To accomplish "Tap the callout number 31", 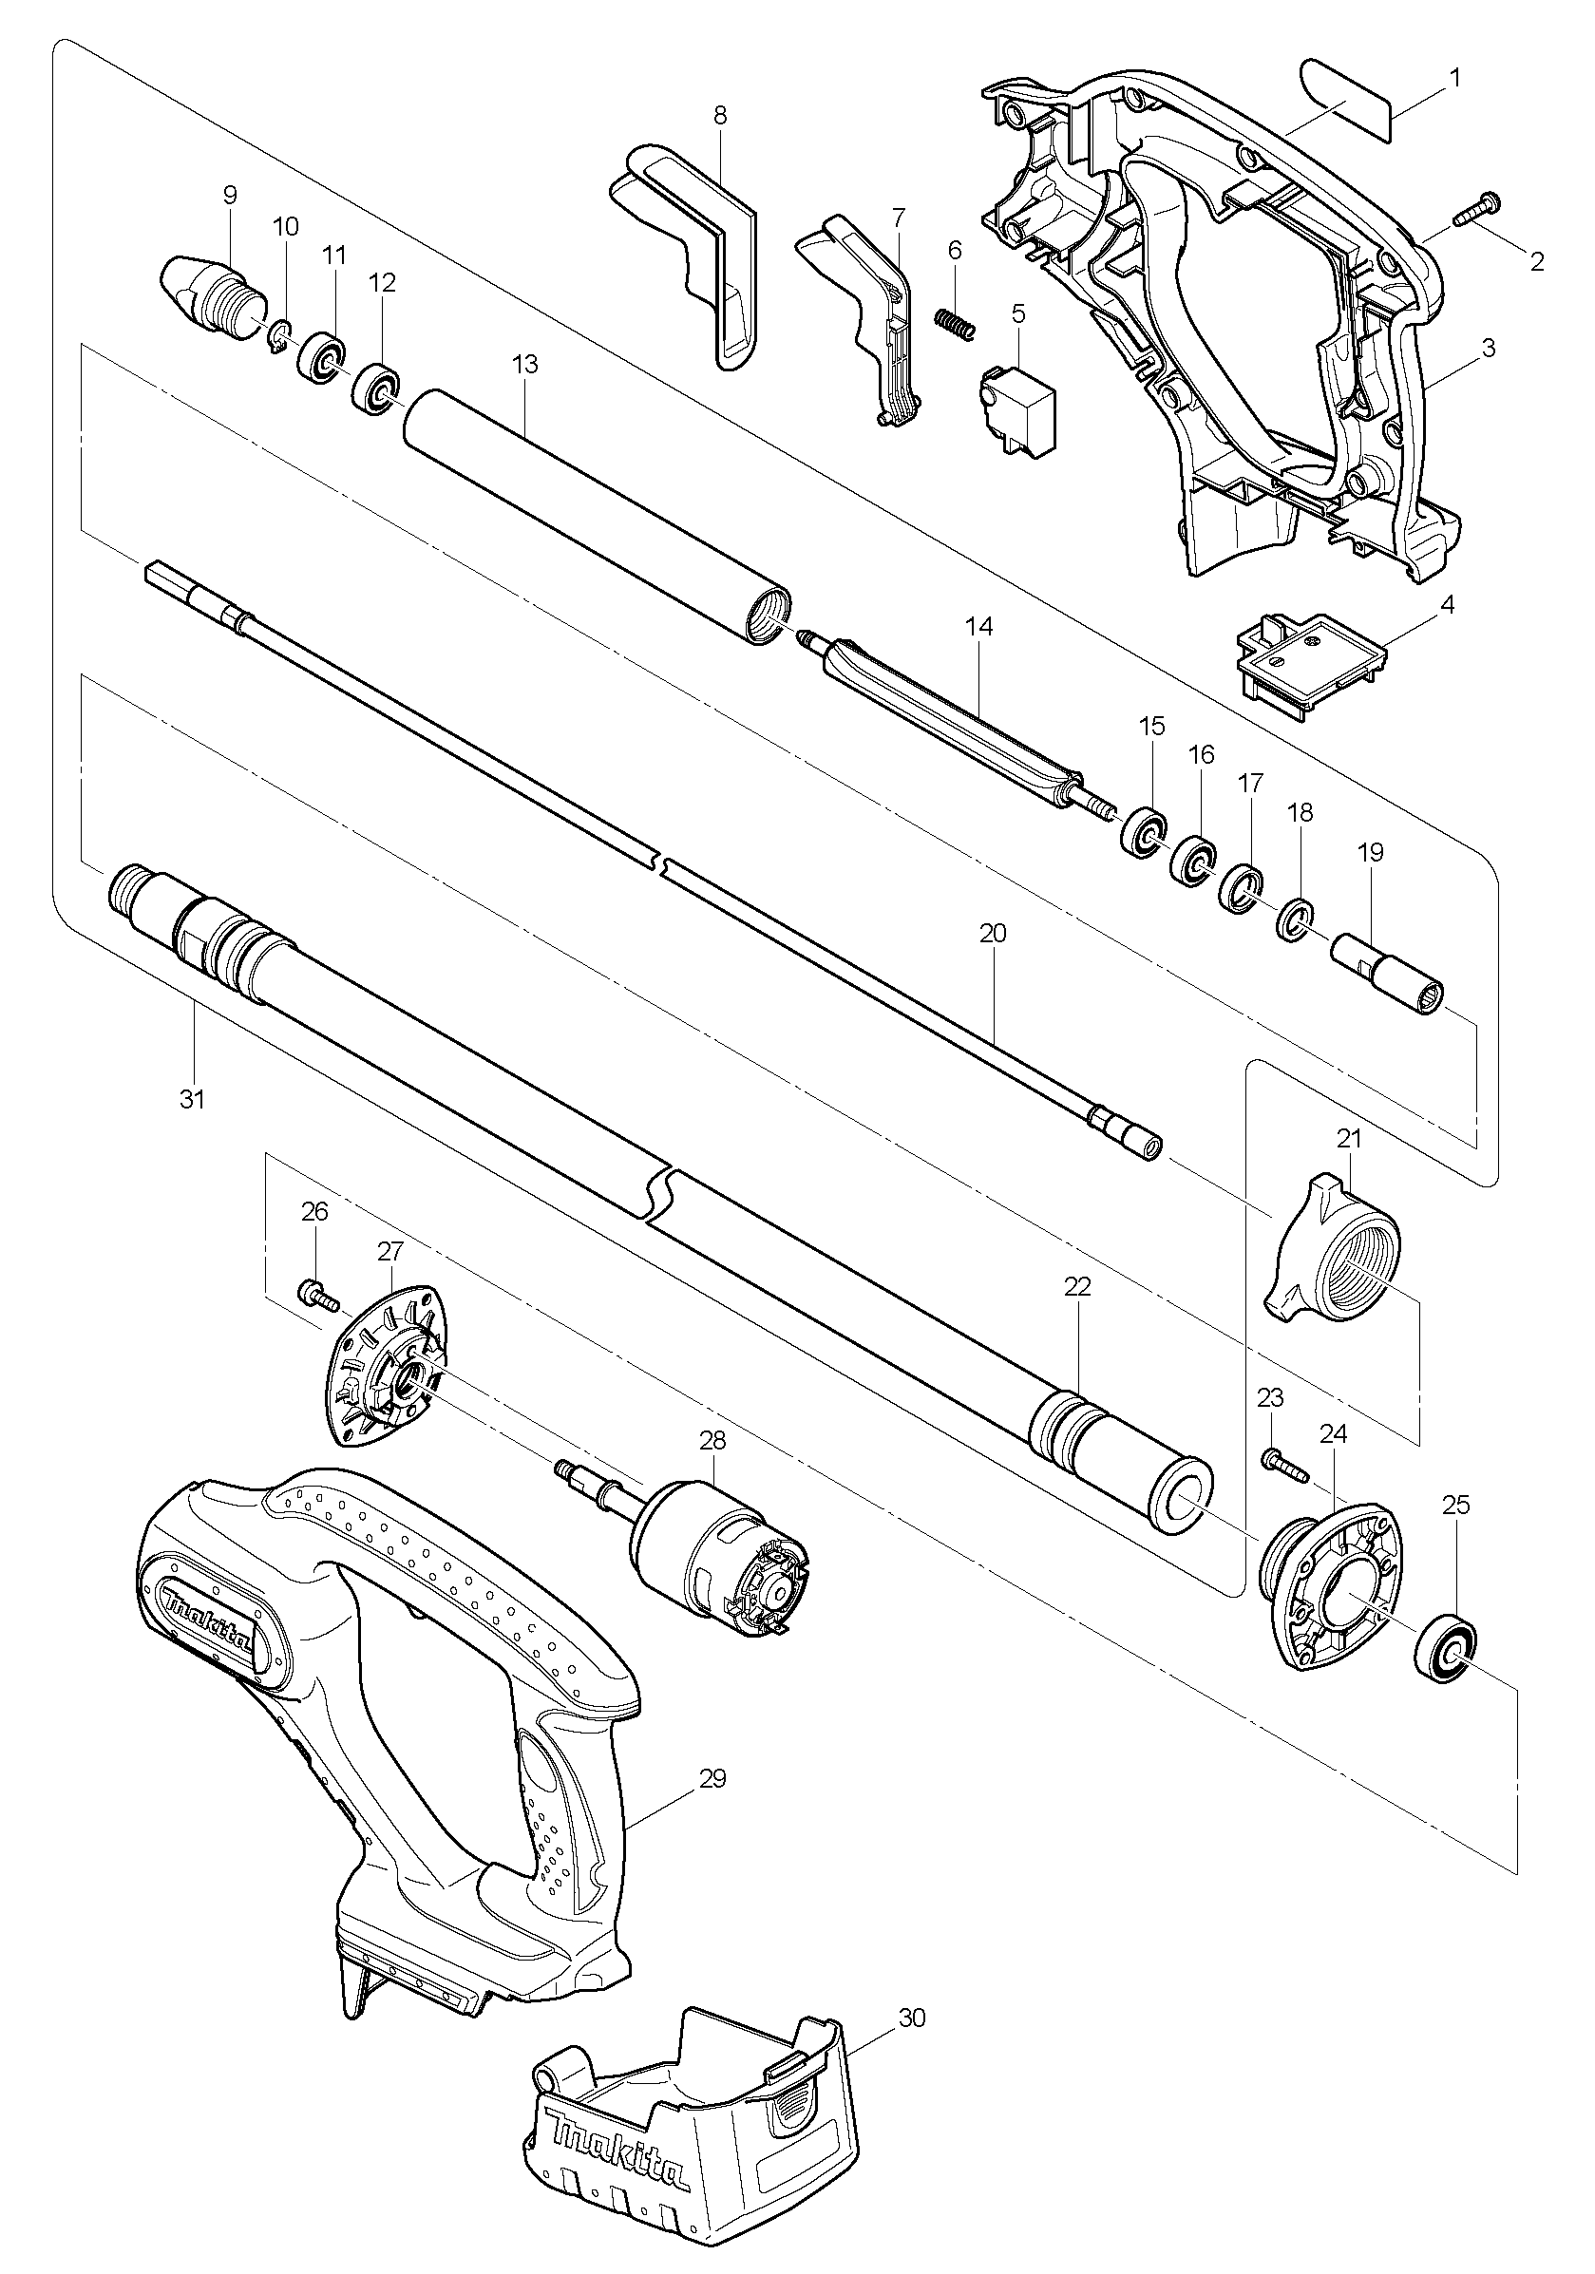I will click(x=191, y=1098).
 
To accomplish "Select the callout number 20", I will click(x=993, y=933).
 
